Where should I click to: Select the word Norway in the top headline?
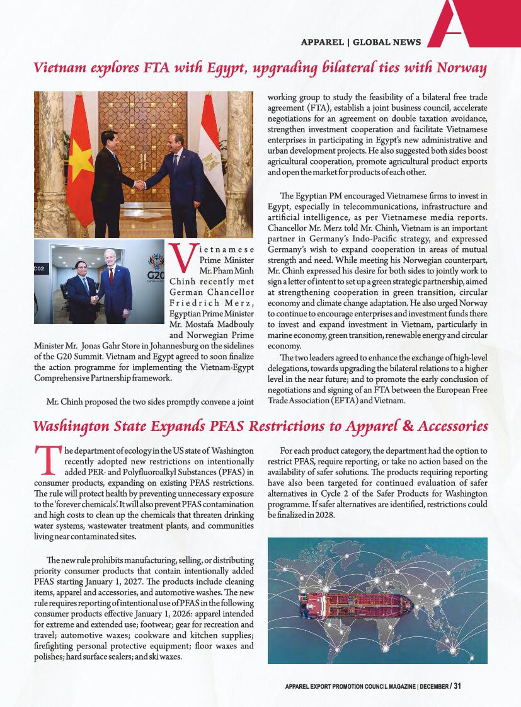463,68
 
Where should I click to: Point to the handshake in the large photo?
140,185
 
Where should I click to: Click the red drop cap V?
181,260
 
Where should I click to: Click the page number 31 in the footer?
457,686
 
